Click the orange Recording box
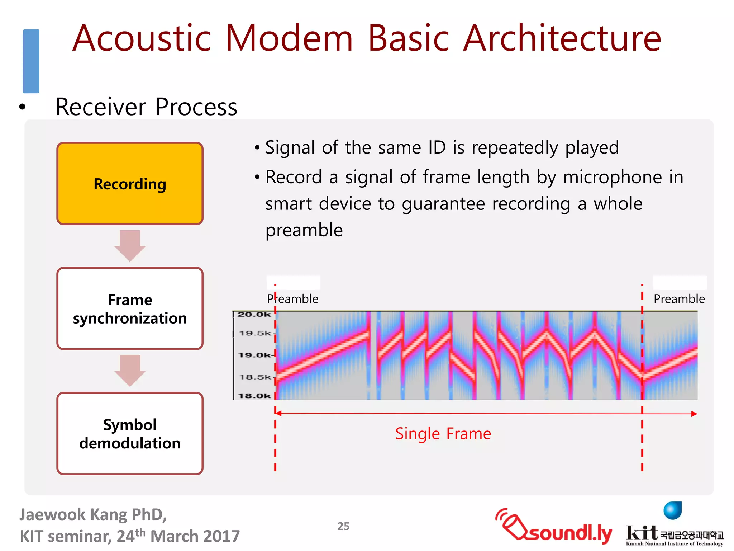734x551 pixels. (130, 184)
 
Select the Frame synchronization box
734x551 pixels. (130, 309)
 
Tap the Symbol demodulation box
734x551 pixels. (130, 433)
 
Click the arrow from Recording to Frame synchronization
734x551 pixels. (130, 245)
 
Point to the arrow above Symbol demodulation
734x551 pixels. (130, 370)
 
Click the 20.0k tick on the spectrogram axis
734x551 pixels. (254, 315)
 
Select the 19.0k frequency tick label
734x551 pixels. (254, 355)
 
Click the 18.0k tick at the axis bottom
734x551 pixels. (254, 396)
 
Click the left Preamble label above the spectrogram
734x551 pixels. (292, 299)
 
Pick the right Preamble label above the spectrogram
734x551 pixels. (679, 299)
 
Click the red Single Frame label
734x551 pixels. (443, 434)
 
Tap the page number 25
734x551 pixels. (343, 526)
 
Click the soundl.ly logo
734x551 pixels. (554, 527)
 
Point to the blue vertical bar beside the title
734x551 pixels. (31, 61)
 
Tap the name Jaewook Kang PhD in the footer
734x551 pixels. (93, 514)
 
